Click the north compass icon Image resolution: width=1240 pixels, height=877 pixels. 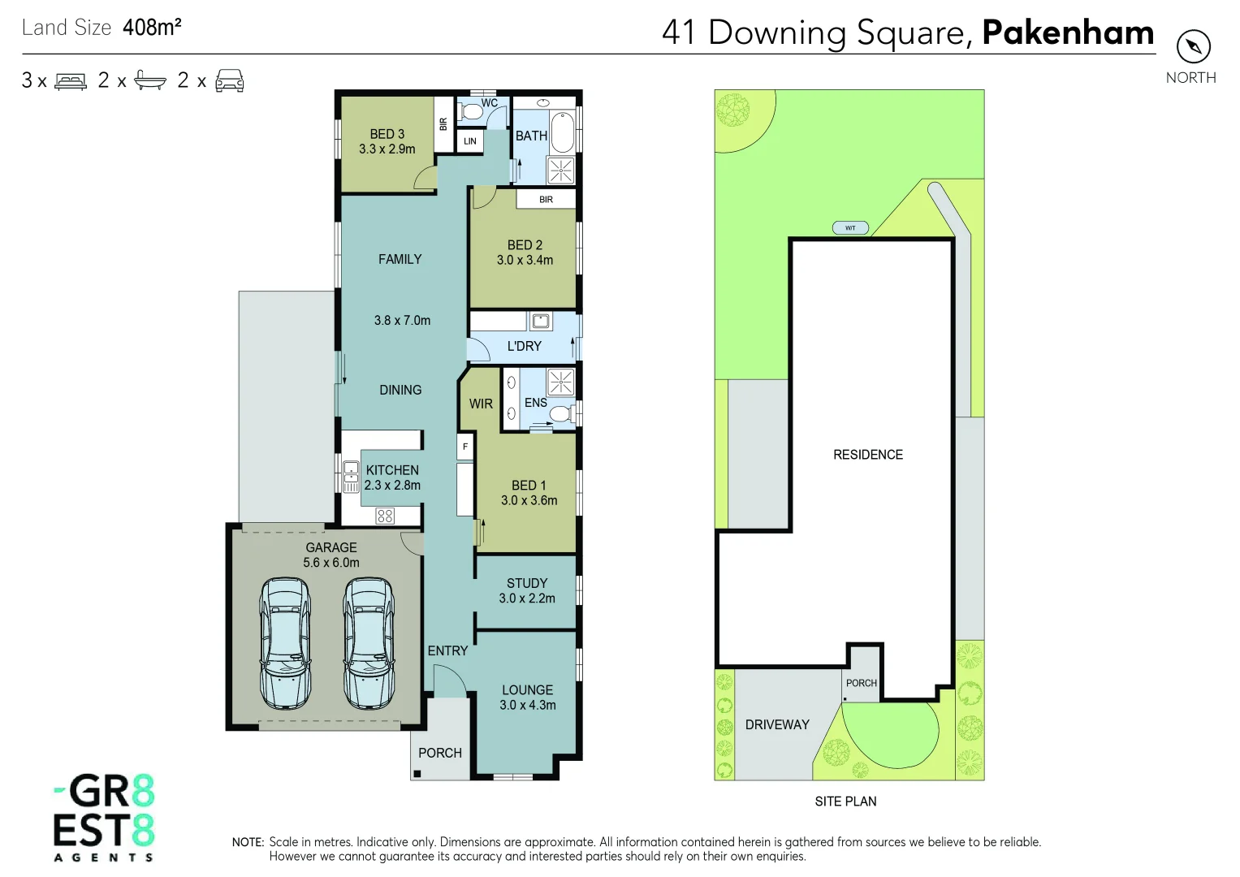(x=1193, y=46)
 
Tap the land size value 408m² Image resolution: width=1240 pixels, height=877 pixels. (x=152, y=28)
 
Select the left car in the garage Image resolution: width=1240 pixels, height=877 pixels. (x=285, y=642)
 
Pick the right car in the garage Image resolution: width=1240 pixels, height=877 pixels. (x=369, y=642)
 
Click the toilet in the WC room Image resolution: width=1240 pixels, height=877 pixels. (x=470, y=112)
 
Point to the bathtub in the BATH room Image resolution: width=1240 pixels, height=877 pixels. (x=563, y=132)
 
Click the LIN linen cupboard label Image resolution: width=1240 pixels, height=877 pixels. (x=470, y=141)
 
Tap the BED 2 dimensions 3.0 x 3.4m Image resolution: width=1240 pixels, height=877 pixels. (x=525, y=261)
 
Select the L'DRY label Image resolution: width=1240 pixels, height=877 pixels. (x=524, y=346)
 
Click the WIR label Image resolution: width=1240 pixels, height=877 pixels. (x=481, y=404)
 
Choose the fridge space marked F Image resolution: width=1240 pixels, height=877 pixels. (x=465, y=447)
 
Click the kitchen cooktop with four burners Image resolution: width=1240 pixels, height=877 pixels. (x=385, y=516)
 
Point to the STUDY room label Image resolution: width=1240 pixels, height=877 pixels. (x=527, y=583)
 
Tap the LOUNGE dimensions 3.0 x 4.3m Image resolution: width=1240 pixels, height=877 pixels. (x=528, y=705)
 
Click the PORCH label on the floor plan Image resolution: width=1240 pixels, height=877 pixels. (x=440, y=753)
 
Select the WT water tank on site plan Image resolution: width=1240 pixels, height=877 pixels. (x=850, y=228)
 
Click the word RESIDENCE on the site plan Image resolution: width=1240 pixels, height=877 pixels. (x=868, y=455)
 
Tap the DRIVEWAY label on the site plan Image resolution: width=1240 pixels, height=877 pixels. (x=777, y=724)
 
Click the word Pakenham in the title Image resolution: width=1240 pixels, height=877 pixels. (x=1068, y=32)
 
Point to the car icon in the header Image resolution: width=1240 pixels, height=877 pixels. (x=230, y=80)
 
